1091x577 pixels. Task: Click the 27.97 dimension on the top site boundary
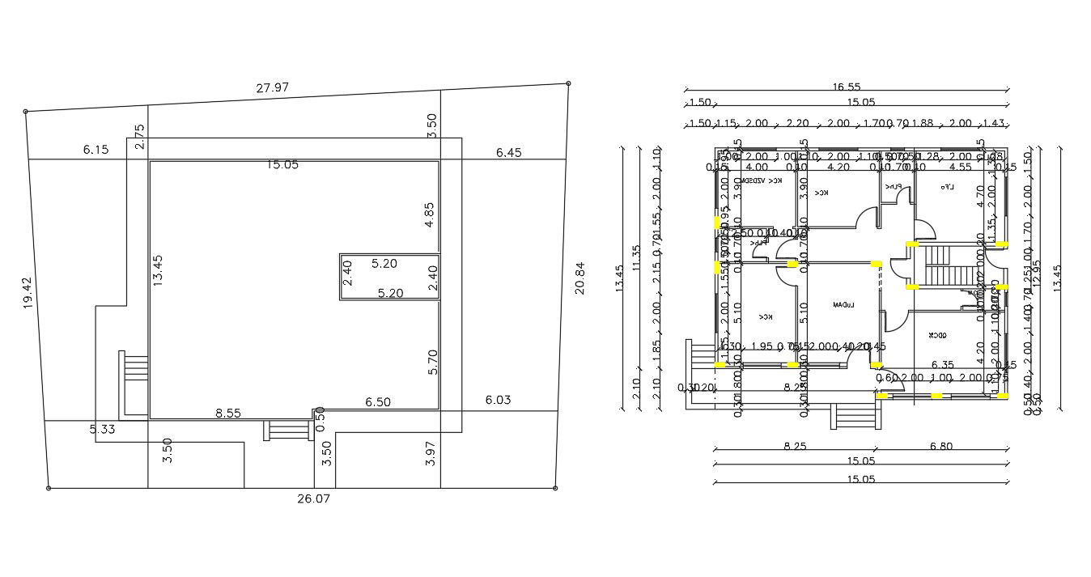click(x=273, y=88)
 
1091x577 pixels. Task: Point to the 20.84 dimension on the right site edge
click(x=579, y=278)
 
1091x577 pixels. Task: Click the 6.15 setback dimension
click(x=96, y=150)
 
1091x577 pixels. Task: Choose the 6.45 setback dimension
click(x=509, y=152)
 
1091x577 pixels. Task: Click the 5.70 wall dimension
click(x=433, y=361)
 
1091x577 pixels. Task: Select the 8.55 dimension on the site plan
click(x=228, y=413)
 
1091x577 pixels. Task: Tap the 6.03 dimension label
click(x=499, y=400)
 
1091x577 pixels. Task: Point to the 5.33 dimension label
click(x=103, y=429)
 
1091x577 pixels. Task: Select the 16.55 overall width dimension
click(x=845, y=87)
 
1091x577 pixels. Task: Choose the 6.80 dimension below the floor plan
click(x=941, y=446)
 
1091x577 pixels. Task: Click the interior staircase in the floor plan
click(x=940, y=265)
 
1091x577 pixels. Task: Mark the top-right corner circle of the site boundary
click(x=568, y=83)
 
